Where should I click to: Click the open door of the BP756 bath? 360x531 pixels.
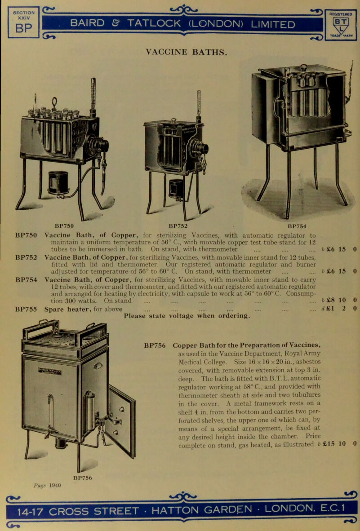(122, 418)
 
